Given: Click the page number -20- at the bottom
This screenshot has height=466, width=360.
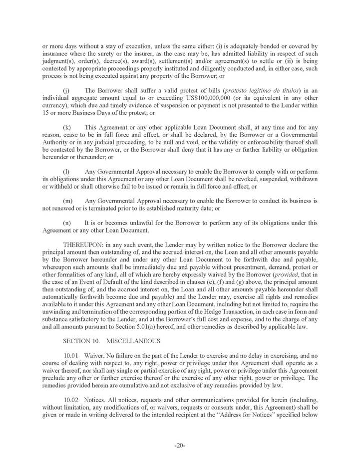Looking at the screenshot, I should coord(180,446).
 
